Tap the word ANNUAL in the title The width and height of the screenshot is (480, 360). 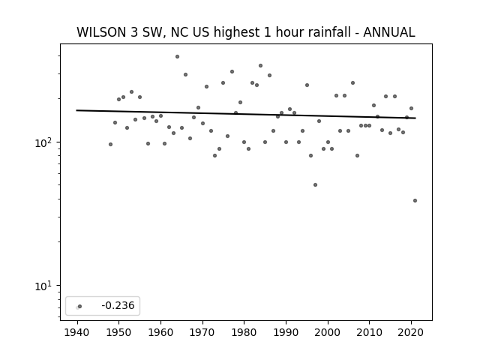pos(388,32)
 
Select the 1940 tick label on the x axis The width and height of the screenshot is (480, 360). pos(77,332)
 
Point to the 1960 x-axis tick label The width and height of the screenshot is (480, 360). pos(160,332)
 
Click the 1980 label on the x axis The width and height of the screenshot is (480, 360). pos(244,332)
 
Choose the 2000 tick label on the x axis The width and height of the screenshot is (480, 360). pos(328,332)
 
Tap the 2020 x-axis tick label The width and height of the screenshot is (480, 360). pos(411,332)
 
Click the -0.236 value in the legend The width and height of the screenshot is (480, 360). pos(118,305)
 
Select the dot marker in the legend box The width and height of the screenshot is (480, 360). pos(79,306)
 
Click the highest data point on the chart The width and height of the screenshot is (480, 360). pos(177,57)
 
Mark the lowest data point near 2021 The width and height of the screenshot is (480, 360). pos(415,200)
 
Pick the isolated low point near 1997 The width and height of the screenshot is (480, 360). pos(315,185)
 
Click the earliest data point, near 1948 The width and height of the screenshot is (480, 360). pos(110,144)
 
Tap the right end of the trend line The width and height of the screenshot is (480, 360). pos(415,118)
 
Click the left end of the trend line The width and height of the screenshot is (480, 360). pos(76,110)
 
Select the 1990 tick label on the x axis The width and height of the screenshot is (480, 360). pos(286,332)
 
